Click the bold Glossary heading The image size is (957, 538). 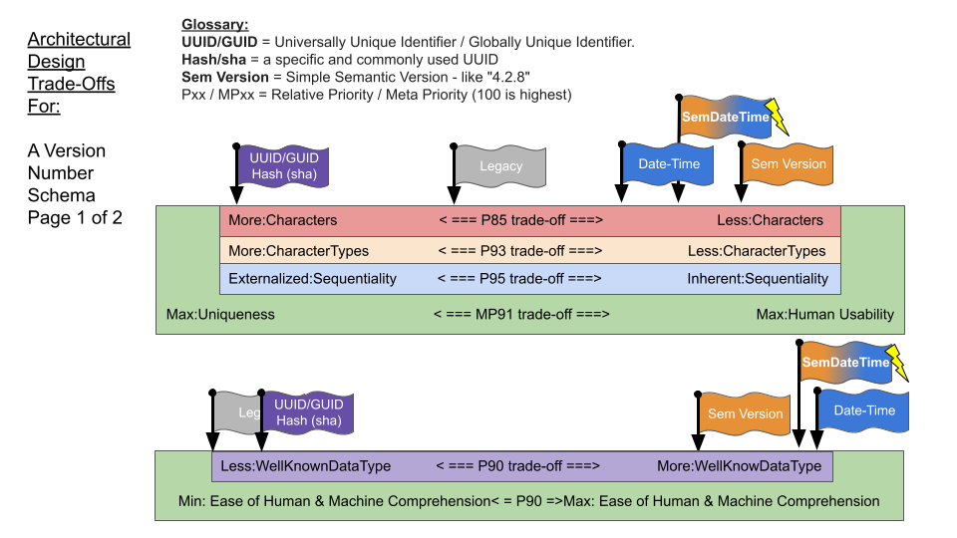215,25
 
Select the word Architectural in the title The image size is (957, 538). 79,40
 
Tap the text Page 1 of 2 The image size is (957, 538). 75,217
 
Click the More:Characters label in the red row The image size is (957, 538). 283,220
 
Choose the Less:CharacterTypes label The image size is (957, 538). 757,251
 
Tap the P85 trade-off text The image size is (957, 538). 520,220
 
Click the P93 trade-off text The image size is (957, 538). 520,251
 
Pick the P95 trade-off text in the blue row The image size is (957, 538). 520,279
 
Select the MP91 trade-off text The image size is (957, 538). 521,314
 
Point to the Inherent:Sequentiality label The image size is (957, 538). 758,279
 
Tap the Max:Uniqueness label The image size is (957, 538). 220,314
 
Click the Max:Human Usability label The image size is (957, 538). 825,314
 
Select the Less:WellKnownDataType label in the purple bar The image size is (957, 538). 306,466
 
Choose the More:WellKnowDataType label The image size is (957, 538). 739,466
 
